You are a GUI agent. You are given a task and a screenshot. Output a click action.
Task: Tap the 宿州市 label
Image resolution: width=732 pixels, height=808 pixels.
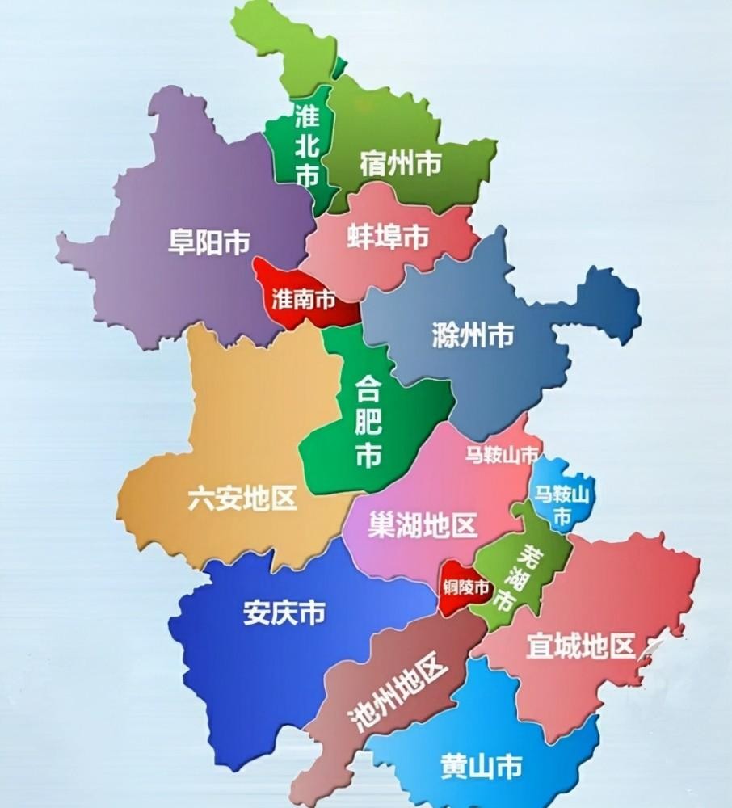[x=400, y=166]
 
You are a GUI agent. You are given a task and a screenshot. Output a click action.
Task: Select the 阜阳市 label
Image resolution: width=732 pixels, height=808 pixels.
[x=209, y=242]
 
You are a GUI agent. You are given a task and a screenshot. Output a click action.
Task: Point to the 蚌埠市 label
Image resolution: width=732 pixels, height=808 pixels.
[x=387, y=236]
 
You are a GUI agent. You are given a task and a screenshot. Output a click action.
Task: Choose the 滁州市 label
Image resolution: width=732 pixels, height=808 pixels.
[x=473, y=335]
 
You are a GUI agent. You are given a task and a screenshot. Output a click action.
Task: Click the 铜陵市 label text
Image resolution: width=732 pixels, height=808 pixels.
[x=466, y=587]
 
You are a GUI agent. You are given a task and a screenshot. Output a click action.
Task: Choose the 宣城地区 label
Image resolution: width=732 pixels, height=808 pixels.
[x=580, y=646]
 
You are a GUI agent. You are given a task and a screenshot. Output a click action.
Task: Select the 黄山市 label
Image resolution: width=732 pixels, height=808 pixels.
[x=481, y=764]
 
